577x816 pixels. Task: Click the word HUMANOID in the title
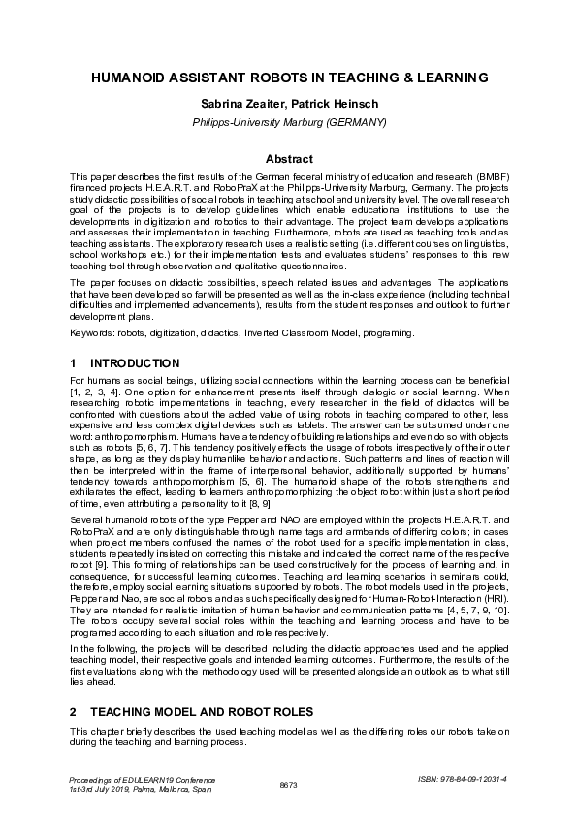pos(132,77)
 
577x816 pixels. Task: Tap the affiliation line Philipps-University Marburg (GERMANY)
pos(289,122)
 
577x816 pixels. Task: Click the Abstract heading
pos(289,158)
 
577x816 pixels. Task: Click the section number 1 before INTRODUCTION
pos(74,363)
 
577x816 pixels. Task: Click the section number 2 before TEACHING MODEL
pos(74,711)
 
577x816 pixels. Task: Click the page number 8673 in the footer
pos(288,783)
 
